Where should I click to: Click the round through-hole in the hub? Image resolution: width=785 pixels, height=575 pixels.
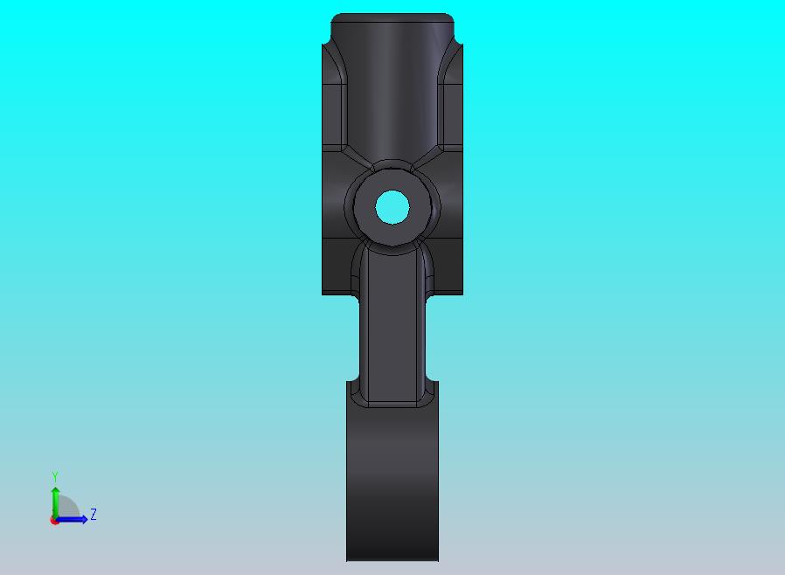(392, 207)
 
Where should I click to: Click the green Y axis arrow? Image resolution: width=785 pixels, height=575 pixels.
(55, 502)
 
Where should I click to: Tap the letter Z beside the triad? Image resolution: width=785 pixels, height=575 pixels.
(94, 515)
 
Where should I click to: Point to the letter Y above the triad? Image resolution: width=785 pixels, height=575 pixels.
(55, 476)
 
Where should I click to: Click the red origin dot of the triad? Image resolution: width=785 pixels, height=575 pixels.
(54, 520)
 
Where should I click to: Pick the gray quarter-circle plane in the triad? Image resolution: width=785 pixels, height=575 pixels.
(67, 509)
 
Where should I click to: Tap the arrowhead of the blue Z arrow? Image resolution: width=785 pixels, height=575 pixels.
(84, 519)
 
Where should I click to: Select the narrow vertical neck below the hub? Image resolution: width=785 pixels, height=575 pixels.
(392, 323)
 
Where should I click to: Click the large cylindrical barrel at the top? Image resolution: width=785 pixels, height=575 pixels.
(392, 87)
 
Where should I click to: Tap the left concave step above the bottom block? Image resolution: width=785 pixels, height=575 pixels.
(351, 384)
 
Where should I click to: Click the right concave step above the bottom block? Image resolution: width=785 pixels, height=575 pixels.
(434, 384)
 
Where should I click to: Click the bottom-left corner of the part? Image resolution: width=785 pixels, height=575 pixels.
(348, 559)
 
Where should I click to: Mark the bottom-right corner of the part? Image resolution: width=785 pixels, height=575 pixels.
(437, 559)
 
